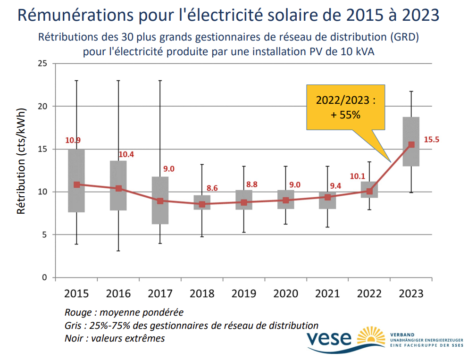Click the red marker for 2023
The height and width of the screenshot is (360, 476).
[x=411, y=145]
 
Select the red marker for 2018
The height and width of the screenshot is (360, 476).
[x=202, y=204]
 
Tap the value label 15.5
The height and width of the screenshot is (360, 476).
[x=431, y=140]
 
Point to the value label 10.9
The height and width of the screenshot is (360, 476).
[x=73, y=140]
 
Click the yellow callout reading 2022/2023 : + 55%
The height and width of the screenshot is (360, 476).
[x=345, y=107]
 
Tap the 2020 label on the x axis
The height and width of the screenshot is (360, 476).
[x=285, y=293]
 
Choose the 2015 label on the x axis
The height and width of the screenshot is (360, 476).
[x=76, y=293]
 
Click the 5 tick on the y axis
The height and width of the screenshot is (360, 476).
[x=45, y=234]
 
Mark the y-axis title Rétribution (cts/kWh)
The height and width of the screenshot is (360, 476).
[x=21, y=160]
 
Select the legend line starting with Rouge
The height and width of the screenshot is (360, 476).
[x=124, y=312]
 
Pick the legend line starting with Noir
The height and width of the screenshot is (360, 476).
[x=115, y=338]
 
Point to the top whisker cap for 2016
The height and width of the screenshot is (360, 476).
[x=118, y=81]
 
